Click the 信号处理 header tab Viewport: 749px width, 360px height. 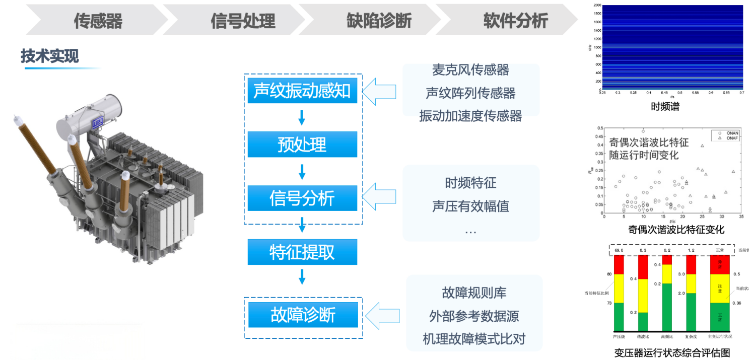[x=243, y=21]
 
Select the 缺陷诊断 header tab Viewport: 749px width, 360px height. [x=379, y=21]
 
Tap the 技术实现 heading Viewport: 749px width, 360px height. [x=49, y=56]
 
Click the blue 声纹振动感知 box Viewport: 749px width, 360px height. [x=302, y=91]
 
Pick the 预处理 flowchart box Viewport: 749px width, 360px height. [x=302, y=145]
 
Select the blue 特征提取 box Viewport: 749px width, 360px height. [x=302, y=252]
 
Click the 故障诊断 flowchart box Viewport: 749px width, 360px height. [x=303, y=315]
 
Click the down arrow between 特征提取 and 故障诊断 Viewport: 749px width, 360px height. [x=302, y=277]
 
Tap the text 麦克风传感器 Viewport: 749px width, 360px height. [x=470, y=70]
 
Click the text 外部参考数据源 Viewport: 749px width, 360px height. [x=474, y=316]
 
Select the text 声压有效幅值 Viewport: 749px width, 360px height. [x=470, y=206]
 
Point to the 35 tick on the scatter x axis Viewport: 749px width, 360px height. [x=741, y=217]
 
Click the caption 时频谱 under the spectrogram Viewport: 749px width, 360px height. [x=665, y=106]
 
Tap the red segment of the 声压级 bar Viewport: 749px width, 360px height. [x=618, y=265]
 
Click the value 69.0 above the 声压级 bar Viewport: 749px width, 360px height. [x=619, y=250]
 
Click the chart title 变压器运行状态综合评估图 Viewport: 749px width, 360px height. [x=672, y=352]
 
